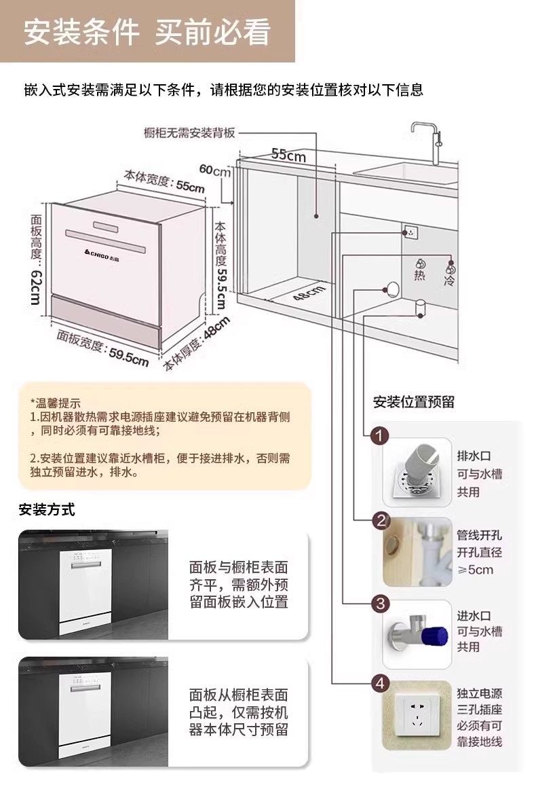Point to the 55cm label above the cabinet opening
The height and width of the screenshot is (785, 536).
(289, 155)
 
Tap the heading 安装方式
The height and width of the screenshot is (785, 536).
(46, 509)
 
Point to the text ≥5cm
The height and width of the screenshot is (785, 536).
(476, 569)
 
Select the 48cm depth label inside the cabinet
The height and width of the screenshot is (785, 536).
(309, 294)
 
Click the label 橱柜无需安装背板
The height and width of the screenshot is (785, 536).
(189, 131)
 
